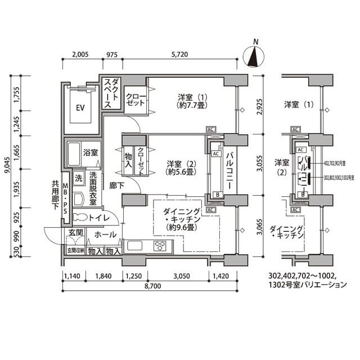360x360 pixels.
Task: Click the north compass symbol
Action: point(256,56)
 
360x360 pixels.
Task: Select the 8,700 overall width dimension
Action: point(152,286)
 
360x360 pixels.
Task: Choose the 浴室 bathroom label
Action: point(91,152)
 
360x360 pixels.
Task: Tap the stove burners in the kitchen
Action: point(161,246)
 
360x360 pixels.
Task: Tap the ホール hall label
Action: point(105,235)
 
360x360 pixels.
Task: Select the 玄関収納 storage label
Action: point(75,251)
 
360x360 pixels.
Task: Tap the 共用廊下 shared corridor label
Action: point(55,195)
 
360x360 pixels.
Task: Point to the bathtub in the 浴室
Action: point(74,152)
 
